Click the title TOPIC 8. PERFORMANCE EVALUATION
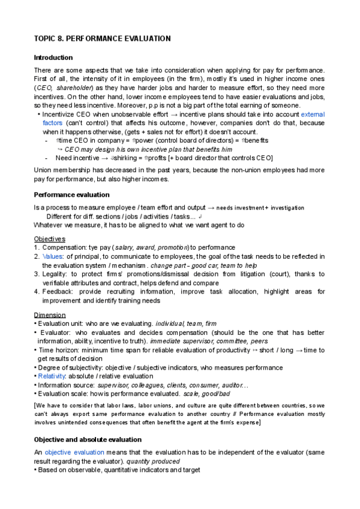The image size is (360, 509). [103, 38]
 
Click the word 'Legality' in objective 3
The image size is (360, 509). [56, 274]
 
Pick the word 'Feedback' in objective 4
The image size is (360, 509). [58, 292]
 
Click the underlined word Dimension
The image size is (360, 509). [50, 315]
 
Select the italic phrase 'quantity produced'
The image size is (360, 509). [159, 461]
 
